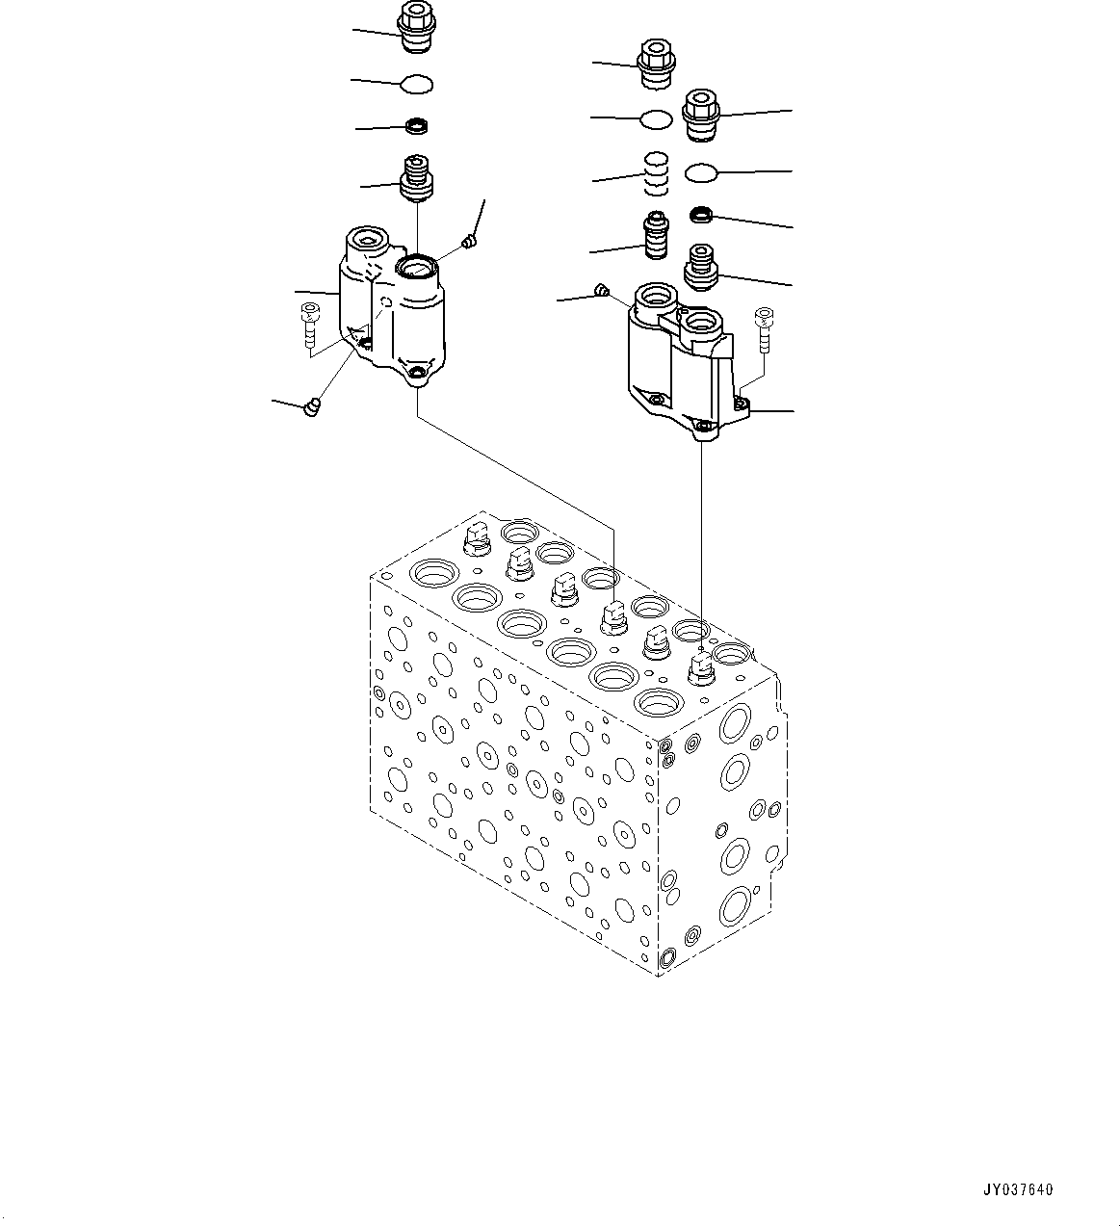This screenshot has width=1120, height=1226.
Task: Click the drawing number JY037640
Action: (x=1018, y=1189)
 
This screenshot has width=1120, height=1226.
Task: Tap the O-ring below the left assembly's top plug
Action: (x=417, y=85)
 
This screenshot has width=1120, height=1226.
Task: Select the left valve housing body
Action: (x=395, y=308)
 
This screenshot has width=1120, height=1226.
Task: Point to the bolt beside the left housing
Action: (x=309, y=325)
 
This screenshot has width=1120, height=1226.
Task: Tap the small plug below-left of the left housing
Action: (x=311, y=408)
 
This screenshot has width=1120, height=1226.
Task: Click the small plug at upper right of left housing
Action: (x=470, y=241)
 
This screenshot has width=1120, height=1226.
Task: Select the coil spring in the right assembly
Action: (x=656, y=173)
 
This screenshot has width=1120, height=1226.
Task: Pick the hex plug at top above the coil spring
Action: (x=655, y=64)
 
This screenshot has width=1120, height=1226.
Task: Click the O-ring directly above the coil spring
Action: (x=656, y=119)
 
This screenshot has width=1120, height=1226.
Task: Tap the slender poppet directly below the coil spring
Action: (x=656, y=237)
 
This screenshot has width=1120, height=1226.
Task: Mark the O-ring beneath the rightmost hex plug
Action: (x=702, y=172)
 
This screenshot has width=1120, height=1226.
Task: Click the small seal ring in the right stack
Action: (x=702, y=214)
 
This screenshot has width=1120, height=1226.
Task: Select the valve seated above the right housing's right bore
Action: (x=702, y=266)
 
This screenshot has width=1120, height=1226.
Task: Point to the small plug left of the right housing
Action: (x=602, y=289)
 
